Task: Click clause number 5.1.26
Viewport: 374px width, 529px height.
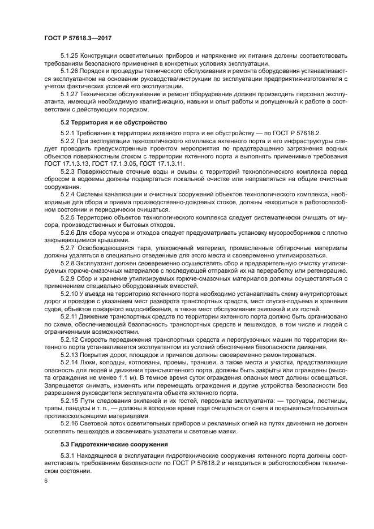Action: (x=70, y=72)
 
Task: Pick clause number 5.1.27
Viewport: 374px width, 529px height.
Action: (x=70, y=93)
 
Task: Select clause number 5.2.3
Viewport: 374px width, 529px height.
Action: (x=68, y=170)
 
